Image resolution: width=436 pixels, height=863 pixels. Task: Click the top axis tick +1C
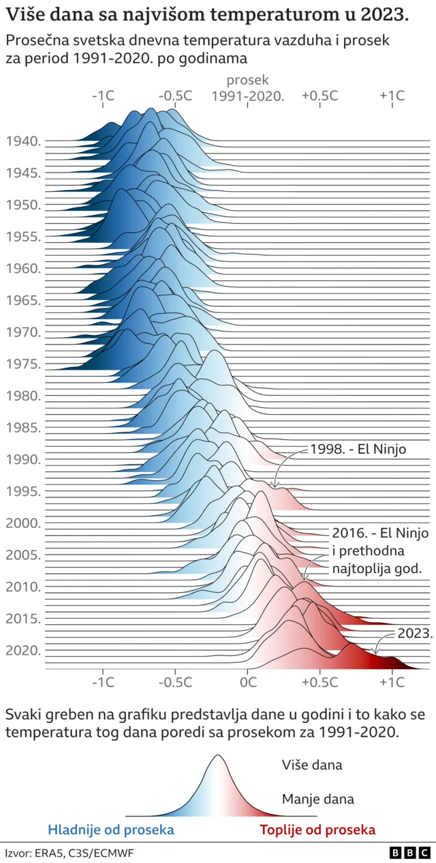[x=392, y=96]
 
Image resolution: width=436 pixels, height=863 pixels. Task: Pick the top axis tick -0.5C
[x=175, y=96]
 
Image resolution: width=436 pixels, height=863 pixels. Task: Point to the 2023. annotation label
[x=416, y=633]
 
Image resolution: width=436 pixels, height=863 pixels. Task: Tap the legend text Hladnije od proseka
[x=111, y=830]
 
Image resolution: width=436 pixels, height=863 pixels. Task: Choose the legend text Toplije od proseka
[x=317, y=830]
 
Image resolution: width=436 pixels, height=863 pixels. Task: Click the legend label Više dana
[x=312, y=765]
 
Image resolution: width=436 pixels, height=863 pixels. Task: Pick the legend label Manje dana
[x=317, y=798]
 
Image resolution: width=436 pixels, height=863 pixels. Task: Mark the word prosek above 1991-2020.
[x=247, y=81]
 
